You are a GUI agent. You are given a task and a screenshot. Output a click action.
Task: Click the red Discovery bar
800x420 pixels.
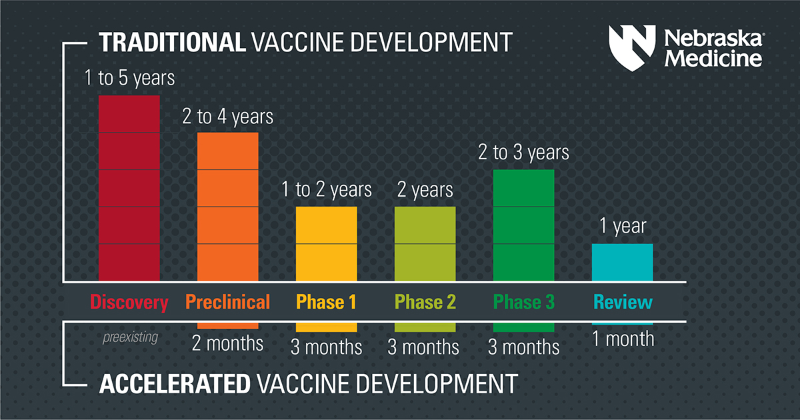[129, 188]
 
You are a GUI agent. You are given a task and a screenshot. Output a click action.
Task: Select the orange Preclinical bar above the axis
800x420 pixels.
[228, 207]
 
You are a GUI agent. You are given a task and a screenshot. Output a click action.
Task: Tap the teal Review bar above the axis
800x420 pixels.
[622, 263]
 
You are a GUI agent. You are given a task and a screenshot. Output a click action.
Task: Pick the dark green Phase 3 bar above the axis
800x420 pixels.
[523, 225]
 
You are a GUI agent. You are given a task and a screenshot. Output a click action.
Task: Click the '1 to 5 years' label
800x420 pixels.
[129, 78]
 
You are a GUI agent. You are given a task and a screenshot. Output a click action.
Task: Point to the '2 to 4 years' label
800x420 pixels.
[227, 117]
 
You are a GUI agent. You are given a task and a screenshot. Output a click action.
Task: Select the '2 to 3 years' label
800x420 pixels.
[523, 153]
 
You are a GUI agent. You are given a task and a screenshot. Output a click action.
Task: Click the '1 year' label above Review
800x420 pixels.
[623, 226]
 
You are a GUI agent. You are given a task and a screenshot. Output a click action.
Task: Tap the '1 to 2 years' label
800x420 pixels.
[327, 189]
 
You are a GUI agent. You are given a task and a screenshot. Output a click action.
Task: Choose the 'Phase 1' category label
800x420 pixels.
[327, 302]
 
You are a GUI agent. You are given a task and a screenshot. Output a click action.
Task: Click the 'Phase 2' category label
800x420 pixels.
[425, 302]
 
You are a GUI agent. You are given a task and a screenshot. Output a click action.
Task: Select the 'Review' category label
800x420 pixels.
[623, 302]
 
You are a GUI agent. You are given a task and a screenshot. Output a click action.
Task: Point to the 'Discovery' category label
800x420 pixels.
[129, 303]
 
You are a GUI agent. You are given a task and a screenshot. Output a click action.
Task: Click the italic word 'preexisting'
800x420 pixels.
[131, 337]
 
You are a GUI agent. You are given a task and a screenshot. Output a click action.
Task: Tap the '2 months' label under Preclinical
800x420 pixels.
[227, 343]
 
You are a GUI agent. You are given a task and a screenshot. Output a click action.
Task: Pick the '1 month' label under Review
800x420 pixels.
[623, 339]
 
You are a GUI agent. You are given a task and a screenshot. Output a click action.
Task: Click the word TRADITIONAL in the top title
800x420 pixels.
[172, 43]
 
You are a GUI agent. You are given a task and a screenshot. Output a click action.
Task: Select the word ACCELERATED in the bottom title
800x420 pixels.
[175, 384]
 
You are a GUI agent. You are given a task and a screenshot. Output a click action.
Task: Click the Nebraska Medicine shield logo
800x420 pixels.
[632, 48]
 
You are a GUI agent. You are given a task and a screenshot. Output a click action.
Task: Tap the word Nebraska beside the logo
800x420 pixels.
[713, 39]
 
